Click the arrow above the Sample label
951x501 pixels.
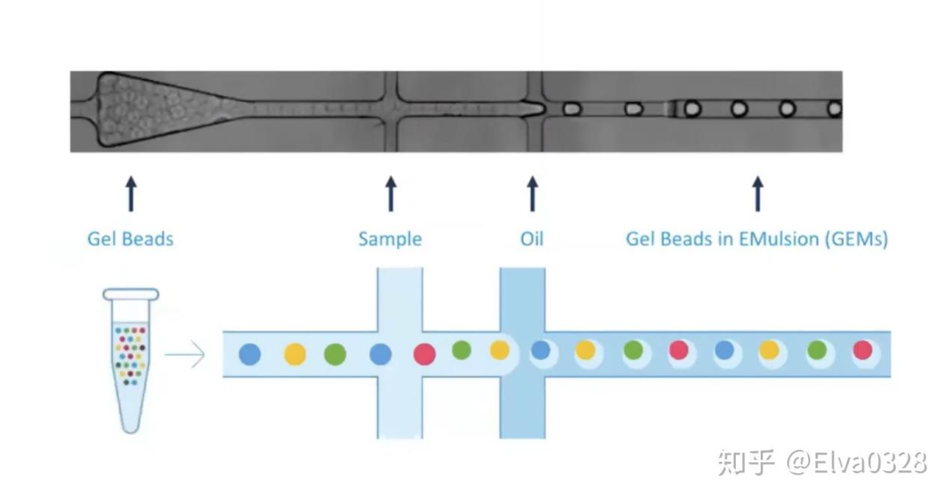click(391, 193)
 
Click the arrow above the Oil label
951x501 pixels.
click(532, 193)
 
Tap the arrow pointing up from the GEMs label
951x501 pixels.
click(758, 193)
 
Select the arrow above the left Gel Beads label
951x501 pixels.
click(131, 193)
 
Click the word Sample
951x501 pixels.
click(390, 239)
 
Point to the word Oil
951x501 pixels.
click(532, 238)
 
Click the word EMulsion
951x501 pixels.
click(779, 238)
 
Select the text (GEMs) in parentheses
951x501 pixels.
click(857, 239)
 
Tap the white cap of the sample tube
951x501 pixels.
click(130, 294)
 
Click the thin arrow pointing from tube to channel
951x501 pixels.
click(184, 354)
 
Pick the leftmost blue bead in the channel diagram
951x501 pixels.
click(250, 354)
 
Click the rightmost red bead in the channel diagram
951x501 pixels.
click(863, 350)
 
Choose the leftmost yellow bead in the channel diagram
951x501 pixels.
click(295, 354)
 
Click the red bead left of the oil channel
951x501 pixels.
click(425, 354)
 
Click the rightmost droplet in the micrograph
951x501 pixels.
click(835, 109)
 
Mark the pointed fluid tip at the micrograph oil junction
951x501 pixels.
click(543, 109)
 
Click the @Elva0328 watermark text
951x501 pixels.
click(857, 462)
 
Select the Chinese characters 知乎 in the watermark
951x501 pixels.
click(746, 462)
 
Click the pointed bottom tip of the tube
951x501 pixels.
click(130, 432)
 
